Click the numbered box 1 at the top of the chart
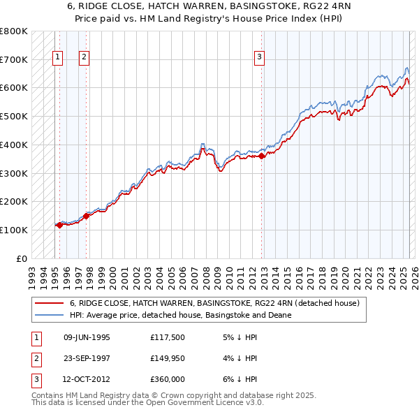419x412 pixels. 57,58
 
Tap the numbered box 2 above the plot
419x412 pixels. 83,58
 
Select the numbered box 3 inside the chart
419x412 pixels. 259,58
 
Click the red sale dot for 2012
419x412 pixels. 262,156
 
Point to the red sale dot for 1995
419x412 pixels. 60,225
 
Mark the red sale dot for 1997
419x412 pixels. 87,216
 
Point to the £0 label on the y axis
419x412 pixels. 22,258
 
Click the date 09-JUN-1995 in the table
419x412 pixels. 87,337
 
